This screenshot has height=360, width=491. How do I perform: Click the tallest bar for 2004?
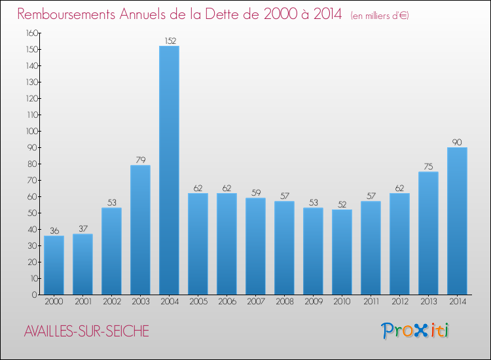169,170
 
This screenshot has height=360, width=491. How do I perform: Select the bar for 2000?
54,265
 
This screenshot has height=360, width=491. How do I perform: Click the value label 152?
169,41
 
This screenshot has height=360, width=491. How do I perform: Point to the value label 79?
140,160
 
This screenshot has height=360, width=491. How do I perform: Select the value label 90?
457,142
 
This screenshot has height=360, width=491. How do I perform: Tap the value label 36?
54,230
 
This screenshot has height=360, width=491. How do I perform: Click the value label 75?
428,166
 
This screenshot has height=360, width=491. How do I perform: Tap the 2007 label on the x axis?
255,302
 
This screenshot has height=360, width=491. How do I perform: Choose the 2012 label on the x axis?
399,302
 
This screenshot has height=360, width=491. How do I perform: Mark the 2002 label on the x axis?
111,302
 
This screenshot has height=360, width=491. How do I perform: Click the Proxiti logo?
414,331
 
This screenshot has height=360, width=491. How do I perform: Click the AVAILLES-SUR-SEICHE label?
86,332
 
